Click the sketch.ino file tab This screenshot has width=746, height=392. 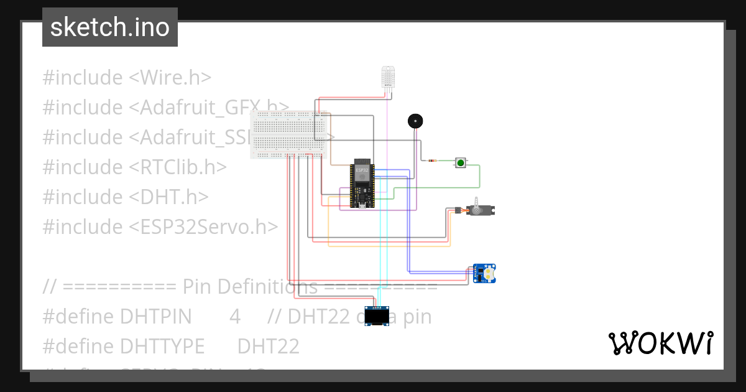coord(110,27)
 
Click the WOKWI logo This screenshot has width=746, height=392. coord(660,343)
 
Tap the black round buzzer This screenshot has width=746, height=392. coord(415,121)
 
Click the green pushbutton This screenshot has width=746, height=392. coord(461,162)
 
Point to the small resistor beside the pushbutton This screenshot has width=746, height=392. coord(432,161)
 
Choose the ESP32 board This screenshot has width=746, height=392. coord(361,184)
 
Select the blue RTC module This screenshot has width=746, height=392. coord(484,273)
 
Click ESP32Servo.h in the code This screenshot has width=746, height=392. coord(203,227)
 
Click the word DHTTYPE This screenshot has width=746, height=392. coord(162,346)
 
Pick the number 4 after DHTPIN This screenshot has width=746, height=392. coord(235,317)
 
